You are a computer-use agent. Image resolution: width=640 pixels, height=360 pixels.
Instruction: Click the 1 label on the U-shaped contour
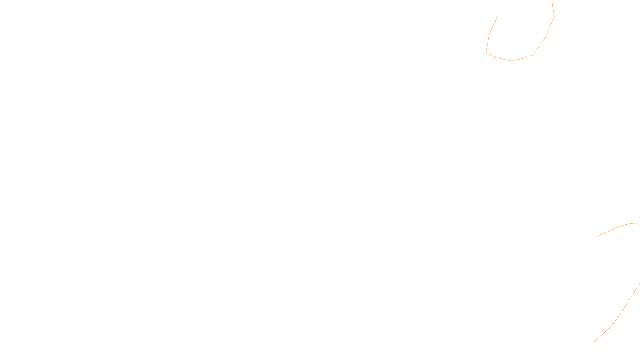[x=529, y=56]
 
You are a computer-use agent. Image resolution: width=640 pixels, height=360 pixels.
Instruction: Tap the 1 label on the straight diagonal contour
[x=629, y=301]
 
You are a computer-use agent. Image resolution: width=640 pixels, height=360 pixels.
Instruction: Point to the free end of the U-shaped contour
[x=498, y=16]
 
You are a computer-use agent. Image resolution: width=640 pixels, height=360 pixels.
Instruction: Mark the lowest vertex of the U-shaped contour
[x=512, y=61]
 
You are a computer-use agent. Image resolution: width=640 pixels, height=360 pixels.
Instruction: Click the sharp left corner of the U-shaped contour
[x=486, y=52]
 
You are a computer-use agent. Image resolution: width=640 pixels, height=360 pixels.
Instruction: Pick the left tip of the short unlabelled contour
[x=595, y=237]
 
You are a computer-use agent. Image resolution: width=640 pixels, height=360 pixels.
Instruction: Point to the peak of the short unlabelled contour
[x=631, y=223]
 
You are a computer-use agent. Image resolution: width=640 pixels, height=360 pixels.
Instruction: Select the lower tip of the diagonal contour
[x=594, y=342]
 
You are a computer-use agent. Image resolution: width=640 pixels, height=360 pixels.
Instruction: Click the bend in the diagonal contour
[x=612, y=325]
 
